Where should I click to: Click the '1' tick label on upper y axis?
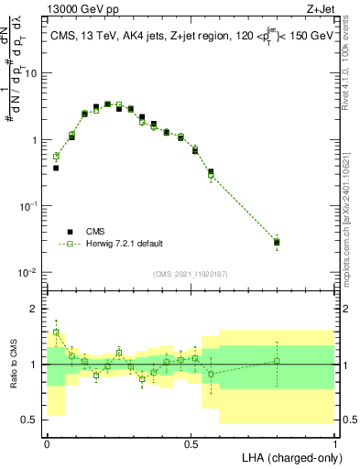[x=34, y=140]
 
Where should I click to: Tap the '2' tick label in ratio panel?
[x=34, y=309]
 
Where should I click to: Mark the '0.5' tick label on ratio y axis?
[x=28, y=420]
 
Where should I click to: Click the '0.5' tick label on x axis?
[x=191, y=442]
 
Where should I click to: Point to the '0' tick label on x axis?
[x=47, y=442]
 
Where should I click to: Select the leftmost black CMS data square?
[x=56, y=168]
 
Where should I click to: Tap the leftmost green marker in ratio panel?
[x=56, y=333]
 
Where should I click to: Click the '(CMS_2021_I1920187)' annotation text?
[x=191, y=272]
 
